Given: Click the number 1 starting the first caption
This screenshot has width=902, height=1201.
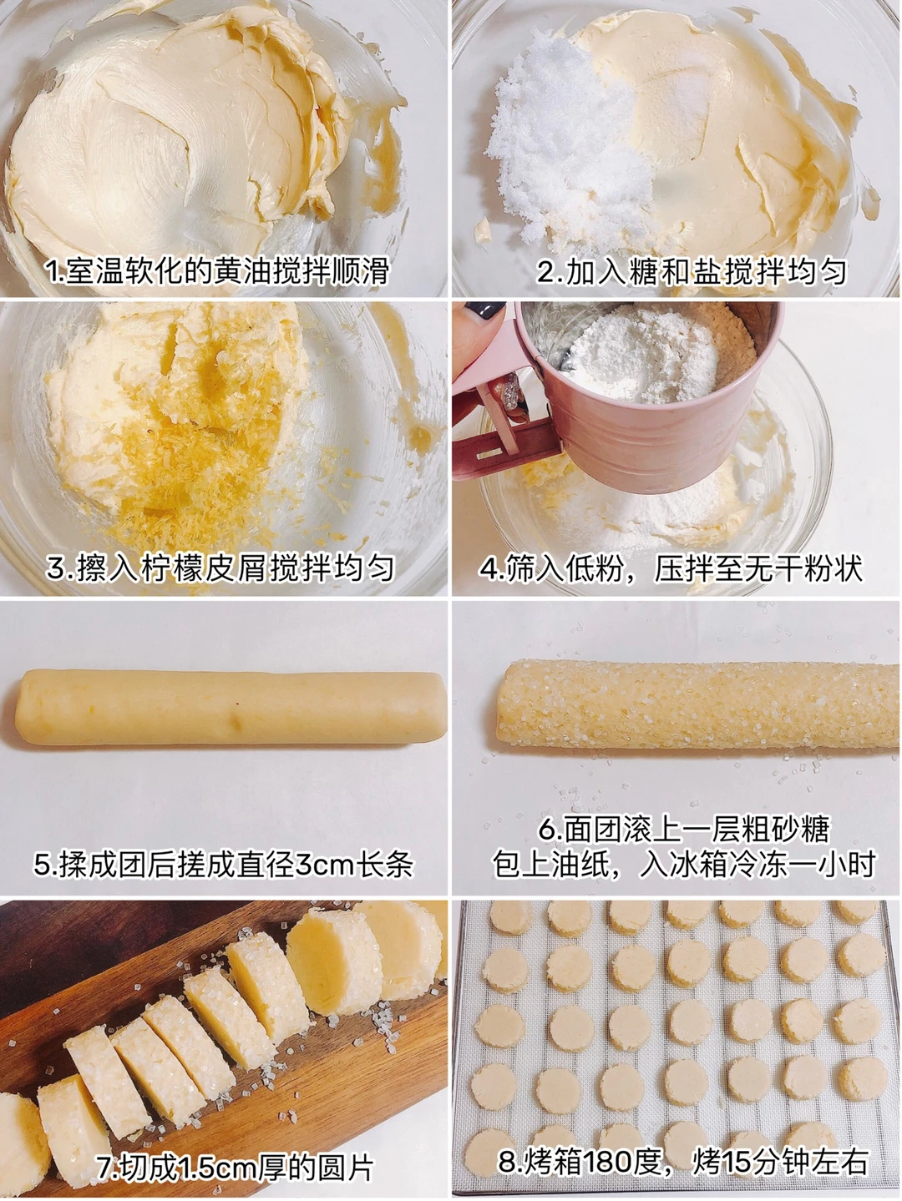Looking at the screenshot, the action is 52,272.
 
